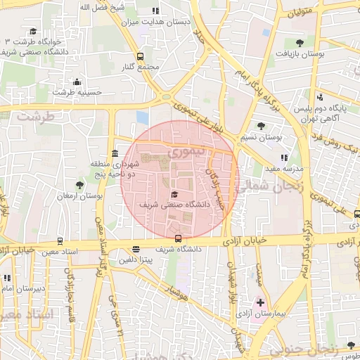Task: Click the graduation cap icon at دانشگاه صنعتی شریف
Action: click(174, 195)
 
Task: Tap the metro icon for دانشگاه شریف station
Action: click(178, 238)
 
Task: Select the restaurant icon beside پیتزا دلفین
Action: click(136, 249)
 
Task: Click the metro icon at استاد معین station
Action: click(60, 241)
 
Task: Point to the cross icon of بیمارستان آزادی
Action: click(260, 302)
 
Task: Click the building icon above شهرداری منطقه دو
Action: click(115, 154)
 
